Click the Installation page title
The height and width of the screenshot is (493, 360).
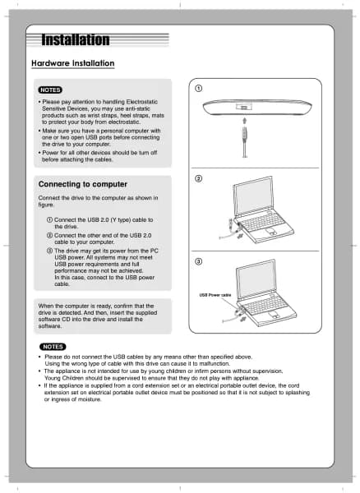click(76, 40)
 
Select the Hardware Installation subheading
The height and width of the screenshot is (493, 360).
click(73, 63)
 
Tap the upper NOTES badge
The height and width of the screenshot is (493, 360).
click(50, 90)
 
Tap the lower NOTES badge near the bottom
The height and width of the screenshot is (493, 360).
click(53, 347)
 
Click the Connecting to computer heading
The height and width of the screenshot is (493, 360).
click(83, 184)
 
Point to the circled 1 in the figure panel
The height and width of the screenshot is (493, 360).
click(199, 89)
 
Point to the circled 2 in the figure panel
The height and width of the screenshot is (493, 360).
click(199, 178)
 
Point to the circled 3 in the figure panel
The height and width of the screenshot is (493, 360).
click(199, 261)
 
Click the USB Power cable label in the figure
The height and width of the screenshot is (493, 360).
click(215, 295)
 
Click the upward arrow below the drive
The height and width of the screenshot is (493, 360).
click(245, 121)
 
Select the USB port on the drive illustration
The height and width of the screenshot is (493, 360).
click(244, 108)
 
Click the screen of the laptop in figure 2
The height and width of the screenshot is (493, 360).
click(254, 196)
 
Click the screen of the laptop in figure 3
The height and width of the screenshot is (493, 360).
click(256, 279)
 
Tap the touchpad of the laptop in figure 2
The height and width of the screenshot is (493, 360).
click(270, 232)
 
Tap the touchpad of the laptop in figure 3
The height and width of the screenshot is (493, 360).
click(274, 315)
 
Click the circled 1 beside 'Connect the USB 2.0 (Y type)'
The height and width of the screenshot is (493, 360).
click(49, 219)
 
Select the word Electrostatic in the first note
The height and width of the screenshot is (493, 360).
click(142, 102)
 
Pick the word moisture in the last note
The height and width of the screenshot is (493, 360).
click(90, 399)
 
